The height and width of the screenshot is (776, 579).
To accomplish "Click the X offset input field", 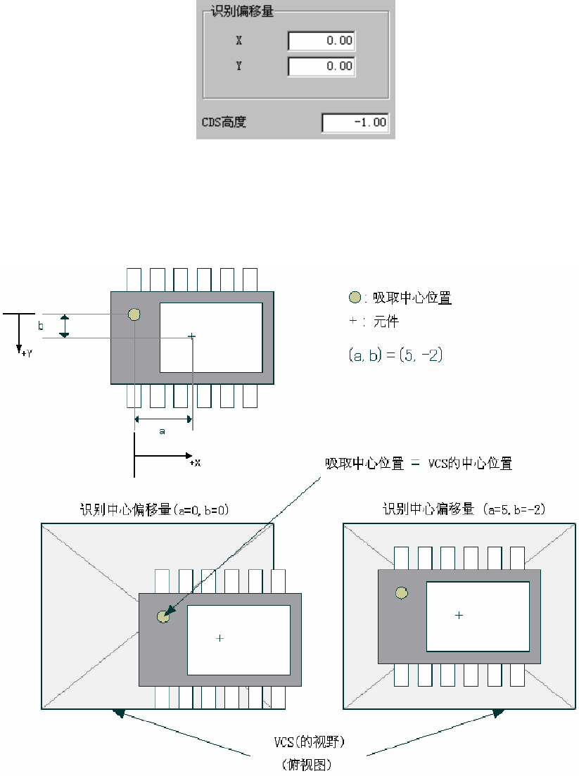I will pos(322,41).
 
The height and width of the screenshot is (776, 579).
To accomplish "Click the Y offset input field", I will pos(322,66).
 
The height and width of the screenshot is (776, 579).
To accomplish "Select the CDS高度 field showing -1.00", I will pos(355,122).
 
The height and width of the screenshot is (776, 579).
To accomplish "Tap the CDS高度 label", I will pos(224,122).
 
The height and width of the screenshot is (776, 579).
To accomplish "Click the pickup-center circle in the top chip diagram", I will pos(134,314).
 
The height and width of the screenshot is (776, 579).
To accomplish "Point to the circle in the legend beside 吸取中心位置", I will pos(355,298).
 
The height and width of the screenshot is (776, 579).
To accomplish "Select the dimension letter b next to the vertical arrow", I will pos(40,326).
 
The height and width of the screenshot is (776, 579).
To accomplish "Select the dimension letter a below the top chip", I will pos(162,431).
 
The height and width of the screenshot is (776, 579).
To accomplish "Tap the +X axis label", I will pos(195,463).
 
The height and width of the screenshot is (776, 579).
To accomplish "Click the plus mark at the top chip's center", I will pos(191,337).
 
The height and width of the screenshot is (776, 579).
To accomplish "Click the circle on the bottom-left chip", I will pos(163,617).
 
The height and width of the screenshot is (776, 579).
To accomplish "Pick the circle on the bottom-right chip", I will pos(402,593).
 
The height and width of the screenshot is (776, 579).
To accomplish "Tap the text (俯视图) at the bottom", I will pos(307,763).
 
